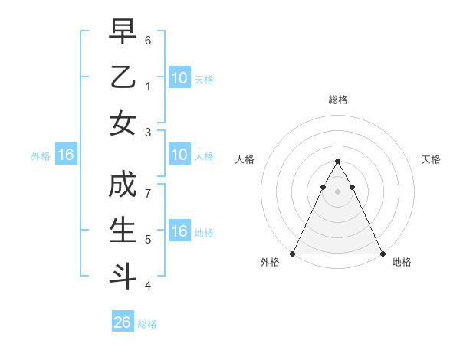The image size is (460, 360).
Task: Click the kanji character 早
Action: coord(123,31)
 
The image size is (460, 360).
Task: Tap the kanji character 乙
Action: coord(123,77)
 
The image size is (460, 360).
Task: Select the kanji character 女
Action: coord(123,123)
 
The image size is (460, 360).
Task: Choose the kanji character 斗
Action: coord(123,277)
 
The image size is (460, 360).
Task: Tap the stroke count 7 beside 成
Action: coord(148,195)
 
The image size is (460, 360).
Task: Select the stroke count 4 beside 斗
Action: coord(148,286)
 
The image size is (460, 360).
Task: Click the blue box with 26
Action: coord(123,322)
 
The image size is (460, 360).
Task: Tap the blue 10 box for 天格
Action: coord(179,78)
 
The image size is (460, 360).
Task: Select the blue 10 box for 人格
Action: coord(179,155)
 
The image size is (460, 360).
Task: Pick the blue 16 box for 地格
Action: coord(179,231)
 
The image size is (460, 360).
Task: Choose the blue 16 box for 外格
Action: coord(65,155)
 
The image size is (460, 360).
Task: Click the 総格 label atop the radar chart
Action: coord(337,100)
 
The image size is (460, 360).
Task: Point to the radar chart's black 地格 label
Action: coord(402,262)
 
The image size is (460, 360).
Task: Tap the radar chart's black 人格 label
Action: coord(245,159)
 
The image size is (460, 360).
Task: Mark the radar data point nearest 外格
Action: coord(293,254)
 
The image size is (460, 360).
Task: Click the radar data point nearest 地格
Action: coord(382,254)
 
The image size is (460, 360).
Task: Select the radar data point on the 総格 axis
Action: coord(337,162)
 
